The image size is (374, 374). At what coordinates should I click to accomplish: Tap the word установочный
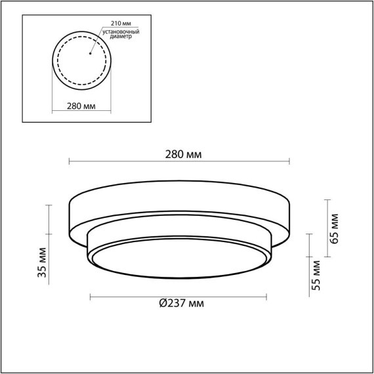(117, 31)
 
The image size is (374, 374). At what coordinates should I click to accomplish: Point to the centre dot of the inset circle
(81, 54)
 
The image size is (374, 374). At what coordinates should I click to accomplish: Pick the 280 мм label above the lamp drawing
(183, 155)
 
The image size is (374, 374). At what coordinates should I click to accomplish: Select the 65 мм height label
(335, 228)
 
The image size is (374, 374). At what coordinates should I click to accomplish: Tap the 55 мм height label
(316, 275)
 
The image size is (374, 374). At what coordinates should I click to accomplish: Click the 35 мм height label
(41, 262)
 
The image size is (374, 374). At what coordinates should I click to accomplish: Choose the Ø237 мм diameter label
(181, 303)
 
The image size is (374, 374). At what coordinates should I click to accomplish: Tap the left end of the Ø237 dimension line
(89, 298)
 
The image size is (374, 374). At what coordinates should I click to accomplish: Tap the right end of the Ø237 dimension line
(266, 298)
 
